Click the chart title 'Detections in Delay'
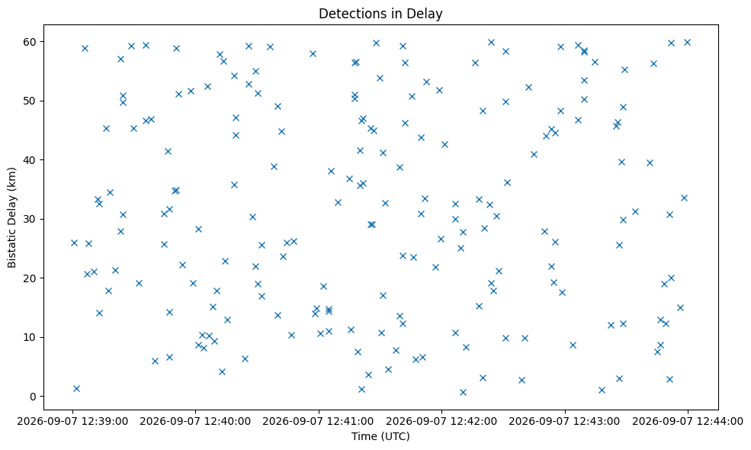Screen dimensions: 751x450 380,14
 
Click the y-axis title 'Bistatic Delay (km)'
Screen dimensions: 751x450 12,217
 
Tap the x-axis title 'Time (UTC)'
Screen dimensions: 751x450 380,436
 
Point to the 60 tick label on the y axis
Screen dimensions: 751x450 30,42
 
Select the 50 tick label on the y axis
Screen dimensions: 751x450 30,101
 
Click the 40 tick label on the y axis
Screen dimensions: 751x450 30,159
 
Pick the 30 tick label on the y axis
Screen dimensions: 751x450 30,219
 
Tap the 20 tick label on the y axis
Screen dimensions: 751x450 30,278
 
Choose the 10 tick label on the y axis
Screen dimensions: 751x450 30,337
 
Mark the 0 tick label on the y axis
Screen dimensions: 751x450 33,397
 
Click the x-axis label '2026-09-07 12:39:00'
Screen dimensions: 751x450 72,422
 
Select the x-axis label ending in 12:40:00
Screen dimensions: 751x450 195,422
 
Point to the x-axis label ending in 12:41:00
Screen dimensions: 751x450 319,422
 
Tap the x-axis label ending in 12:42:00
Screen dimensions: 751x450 441,422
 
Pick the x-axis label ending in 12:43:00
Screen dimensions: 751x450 565,422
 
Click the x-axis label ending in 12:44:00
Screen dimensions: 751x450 688,422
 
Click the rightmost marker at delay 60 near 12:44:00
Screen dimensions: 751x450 687,42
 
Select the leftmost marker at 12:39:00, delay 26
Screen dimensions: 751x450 74,243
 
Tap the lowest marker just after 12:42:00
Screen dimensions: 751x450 463,393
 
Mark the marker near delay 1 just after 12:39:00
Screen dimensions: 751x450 77,389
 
